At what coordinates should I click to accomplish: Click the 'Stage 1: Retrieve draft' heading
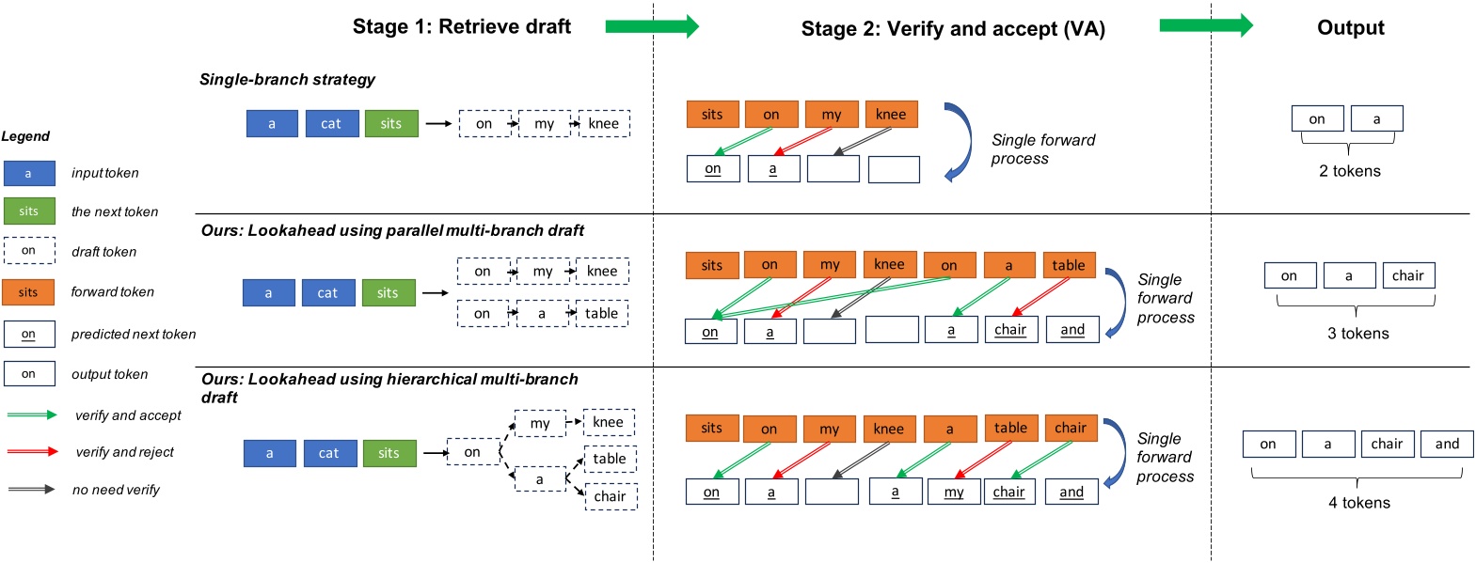point(461,27)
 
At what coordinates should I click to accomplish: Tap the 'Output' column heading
point(1350,28)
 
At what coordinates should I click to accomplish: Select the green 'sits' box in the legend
point(29,211)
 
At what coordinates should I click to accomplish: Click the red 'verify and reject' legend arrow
point(32,452)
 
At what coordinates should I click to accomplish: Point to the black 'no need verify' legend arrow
point(32,490)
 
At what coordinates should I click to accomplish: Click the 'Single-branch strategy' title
point(287,80)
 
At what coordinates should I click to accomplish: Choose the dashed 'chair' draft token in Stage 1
point(610,496)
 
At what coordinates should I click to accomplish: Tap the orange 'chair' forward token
point(1070,428)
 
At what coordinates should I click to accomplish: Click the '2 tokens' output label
point(1349,171)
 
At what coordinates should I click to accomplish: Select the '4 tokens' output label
point(1358,503)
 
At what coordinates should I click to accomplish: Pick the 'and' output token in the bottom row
point(1447,444)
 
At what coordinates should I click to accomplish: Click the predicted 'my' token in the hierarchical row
point(953,492)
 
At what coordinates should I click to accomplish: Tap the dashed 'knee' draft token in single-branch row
point(603,123)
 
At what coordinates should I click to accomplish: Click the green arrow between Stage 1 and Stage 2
point(652,26)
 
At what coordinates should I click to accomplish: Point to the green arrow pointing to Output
point(1206,26)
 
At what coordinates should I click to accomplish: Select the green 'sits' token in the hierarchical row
point(389,453)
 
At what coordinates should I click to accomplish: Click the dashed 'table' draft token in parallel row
point(601,313)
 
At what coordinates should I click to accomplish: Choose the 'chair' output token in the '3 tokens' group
point(1407,275)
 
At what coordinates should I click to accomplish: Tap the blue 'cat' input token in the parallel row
point(326,293)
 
